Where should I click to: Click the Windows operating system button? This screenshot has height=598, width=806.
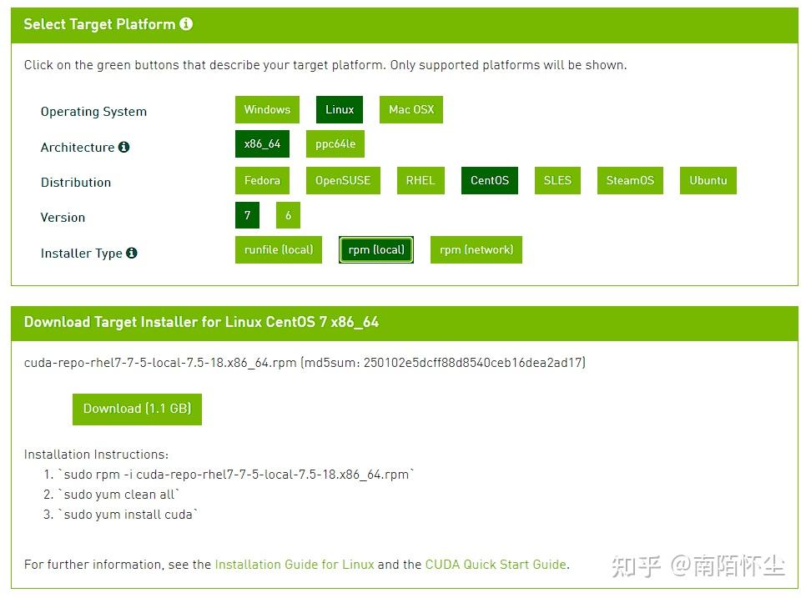point(267,109)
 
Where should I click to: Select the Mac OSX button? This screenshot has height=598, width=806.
point(411,109)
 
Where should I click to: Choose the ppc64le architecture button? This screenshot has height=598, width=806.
point(335,143)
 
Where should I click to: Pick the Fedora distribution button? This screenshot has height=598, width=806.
point(262,180)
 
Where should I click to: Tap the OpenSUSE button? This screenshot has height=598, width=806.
point(343,180)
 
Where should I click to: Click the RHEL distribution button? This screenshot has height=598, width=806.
point(421,180)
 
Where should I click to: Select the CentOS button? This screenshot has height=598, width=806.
point(489,180)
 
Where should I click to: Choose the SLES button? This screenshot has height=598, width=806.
point(557,180)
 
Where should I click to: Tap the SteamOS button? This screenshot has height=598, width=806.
point(630,180)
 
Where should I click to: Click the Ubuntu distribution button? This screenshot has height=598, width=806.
point(708,180)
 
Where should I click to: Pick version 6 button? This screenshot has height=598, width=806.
point(288,215)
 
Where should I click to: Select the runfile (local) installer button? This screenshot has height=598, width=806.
point(279,249)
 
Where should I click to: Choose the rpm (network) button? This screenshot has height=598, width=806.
point(476,249)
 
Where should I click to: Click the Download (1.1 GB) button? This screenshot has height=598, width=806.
point(137,409)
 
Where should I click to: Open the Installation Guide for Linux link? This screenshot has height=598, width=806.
point(295,565)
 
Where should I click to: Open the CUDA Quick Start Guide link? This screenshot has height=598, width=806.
point(496,565)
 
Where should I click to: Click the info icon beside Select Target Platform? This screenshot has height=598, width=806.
point(186,23)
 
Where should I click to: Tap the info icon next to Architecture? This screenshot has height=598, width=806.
point(123,147)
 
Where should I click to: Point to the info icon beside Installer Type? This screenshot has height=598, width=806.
point(132,253)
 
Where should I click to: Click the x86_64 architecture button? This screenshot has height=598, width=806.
point(262,143)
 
